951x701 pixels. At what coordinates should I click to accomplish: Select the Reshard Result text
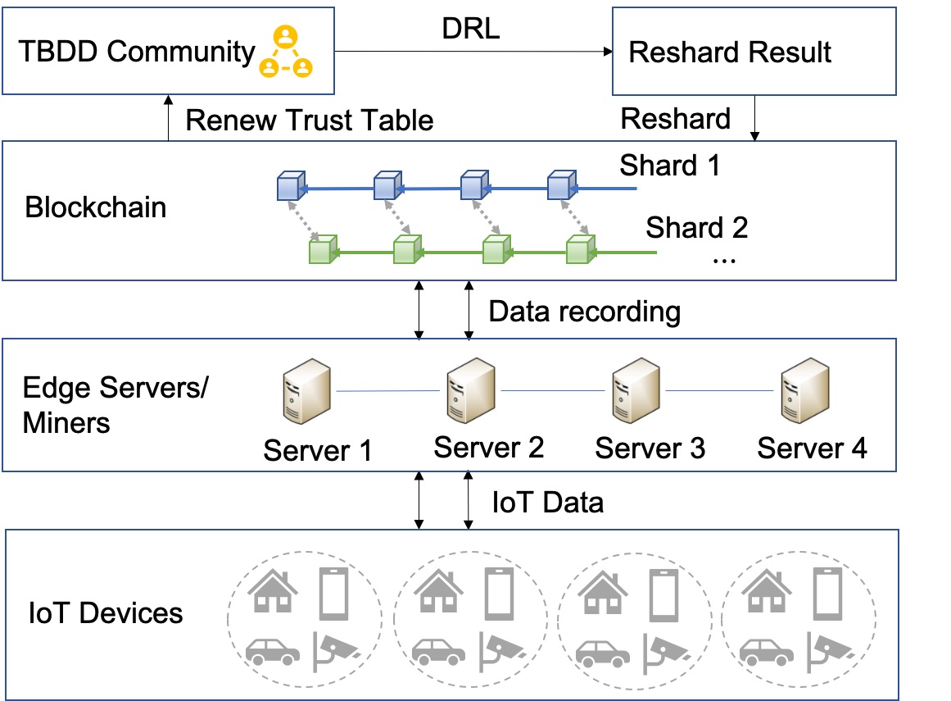(729, 52)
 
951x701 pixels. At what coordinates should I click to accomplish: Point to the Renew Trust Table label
(309, 121)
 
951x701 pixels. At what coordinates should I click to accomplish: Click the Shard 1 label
(669, 166)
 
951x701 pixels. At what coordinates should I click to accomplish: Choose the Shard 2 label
(696, 227)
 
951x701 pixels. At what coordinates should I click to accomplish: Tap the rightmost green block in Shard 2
(581, 248)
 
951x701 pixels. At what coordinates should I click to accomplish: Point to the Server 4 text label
(811, 448)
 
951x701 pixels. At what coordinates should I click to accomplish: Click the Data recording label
(584, 312)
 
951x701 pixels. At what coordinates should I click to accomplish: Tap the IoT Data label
(548, 502)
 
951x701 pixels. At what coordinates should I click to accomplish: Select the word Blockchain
(96, 207)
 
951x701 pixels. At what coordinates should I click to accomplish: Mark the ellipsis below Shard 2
(725, 259)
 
